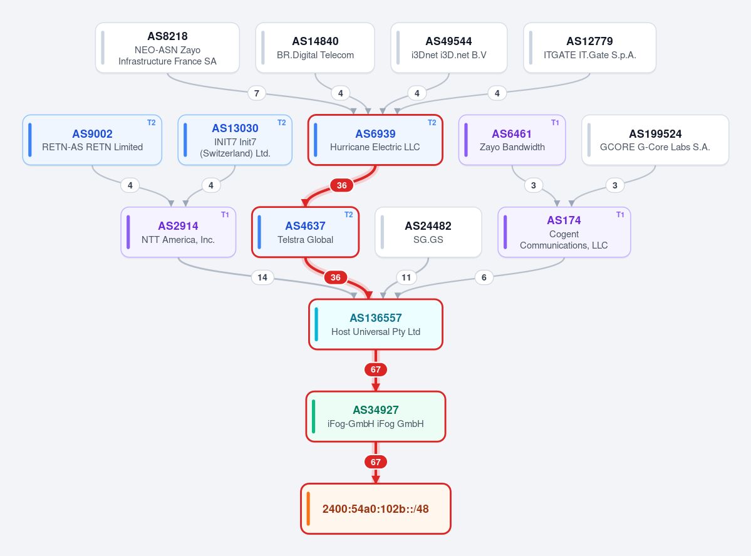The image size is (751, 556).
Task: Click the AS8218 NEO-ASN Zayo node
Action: click(167, 48)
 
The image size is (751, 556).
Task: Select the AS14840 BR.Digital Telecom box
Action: click(315, 48)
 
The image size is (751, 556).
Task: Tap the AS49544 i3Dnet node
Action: click(448, 48)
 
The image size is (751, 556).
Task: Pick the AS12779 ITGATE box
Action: click(589, 48)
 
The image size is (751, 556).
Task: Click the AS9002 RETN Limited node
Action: click(93, 140)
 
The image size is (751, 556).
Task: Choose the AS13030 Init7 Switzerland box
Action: click(235, 140)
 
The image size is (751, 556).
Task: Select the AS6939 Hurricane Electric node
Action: click(375, 140)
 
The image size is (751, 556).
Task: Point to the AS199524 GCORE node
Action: click(655, 140)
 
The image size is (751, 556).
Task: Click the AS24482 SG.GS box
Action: click(428, 232)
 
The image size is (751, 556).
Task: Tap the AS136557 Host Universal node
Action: click(376, 324)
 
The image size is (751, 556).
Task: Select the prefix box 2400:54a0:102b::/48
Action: click(376, 508)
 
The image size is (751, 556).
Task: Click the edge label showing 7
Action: click(257, 93)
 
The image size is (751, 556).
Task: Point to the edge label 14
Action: click(262, 277)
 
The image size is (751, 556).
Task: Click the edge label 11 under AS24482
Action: click(406, 277)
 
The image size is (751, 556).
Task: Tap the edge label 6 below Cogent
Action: click(484, 277)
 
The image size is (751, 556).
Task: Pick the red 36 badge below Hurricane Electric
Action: click(341, 185)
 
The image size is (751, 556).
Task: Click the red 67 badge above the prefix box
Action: click(376, 462)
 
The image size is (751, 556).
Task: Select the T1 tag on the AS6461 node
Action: click(555, 123)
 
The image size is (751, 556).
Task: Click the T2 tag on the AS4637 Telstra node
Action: click(349, 215)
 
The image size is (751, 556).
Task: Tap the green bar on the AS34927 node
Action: click(313, 416)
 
